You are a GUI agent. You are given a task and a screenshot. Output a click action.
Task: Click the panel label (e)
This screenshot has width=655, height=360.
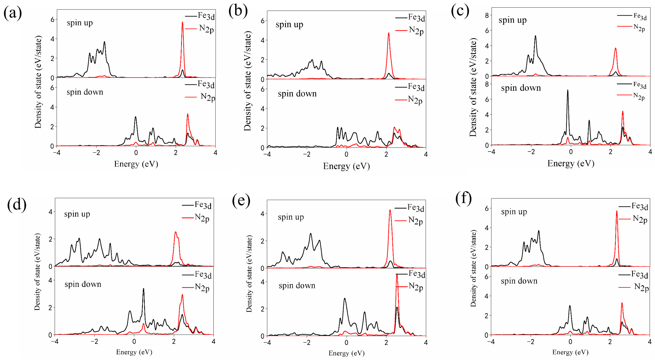241,201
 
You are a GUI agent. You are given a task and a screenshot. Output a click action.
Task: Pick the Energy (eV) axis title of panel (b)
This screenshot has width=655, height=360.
346,166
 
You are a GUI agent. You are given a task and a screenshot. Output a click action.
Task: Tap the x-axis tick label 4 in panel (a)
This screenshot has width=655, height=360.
215,153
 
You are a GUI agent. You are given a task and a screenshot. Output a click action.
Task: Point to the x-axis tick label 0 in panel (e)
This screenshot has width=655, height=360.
346,343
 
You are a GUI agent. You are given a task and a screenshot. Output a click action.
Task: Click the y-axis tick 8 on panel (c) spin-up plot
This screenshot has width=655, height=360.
487,15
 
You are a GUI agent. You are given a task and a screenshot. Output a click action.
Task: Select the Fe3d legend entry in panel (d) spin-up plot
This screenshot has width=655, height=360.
197,205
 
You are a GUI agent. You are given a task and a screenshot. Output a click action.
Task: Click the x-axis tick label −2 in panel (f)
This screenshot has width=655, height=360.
531,342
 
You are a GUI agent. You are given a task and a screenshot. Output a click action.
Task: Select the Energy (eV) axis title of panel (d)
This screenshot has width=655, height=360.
134,352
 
